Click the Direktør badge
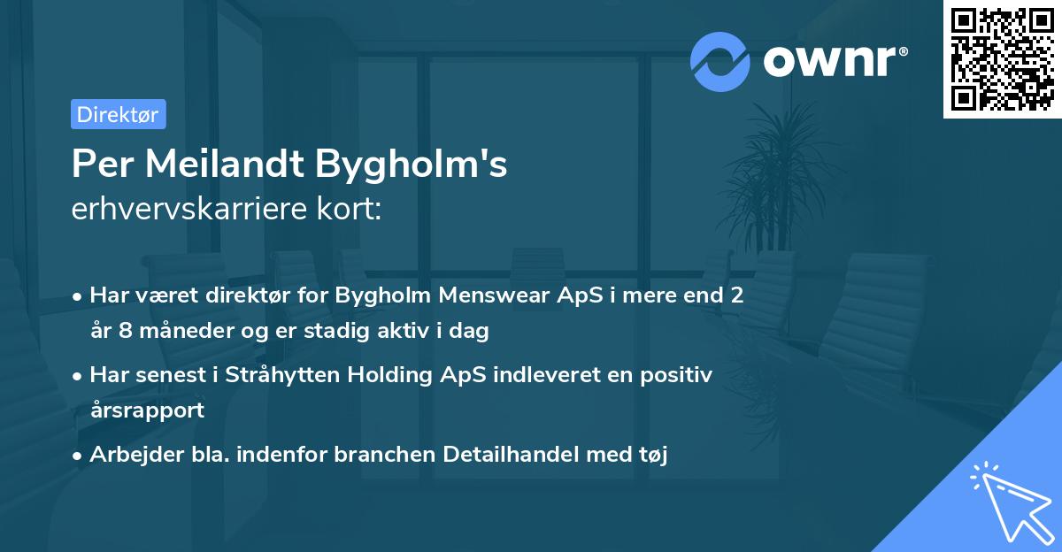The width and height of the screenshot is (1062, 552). [117, 114]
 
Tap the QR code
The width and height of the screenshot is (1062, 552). [1001, 59]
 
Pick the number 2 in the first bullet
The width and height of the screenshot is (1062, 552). [735, 295]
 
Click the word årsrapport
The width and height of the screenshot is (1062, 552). [147, 410]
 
